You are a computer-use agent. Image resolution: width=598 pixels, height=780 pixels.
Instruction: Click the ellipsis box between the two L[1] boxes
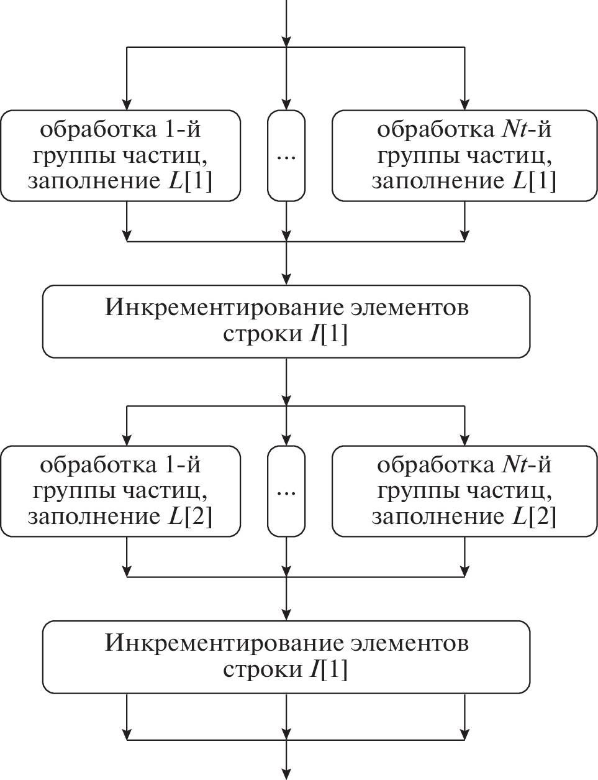click(286, 156)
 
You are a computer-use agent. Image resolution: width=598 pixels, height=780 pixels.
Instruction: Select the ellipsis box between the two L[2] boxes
click(286, 491)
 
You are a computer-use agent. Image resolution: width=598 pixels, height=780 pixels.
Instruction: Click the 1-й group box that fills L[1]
click(120, 156)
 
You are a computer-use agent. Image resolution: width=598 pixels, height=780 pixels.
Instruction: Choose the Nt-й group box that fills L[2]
click(464, 491)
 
